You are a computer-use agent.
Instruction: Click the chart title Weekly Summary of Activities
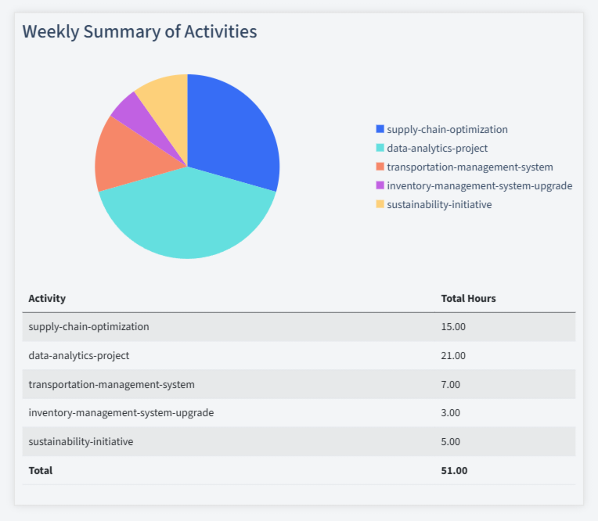click(139, 32)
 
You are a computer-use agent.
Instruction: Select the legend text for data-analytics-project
click(437, 149)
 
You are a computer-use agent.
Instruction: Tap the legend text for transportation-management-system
click(470, 167)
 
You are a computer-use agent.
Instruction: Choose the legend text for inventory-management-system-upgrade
click(479, 186)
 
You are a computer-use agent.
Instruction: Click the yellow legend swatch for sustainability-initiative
click(380, 205)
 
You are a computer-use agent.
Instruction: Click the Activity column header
click(47, 299)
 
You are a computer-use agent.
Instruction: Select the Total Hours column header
click(468, 299)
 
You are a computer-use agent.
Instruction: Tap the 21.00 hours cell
click(453, 356)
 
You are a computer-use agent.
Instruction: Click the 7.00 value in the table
click(451, 385)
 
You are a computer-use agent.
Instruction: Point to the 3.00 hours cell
click(451, 413)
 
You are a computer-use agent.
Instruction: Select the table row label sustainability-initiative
click(81, 442)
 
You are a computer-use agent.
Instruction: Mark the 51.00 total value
click(454, 471)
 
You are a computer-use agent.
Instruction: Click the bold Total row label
click(41, 471)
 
